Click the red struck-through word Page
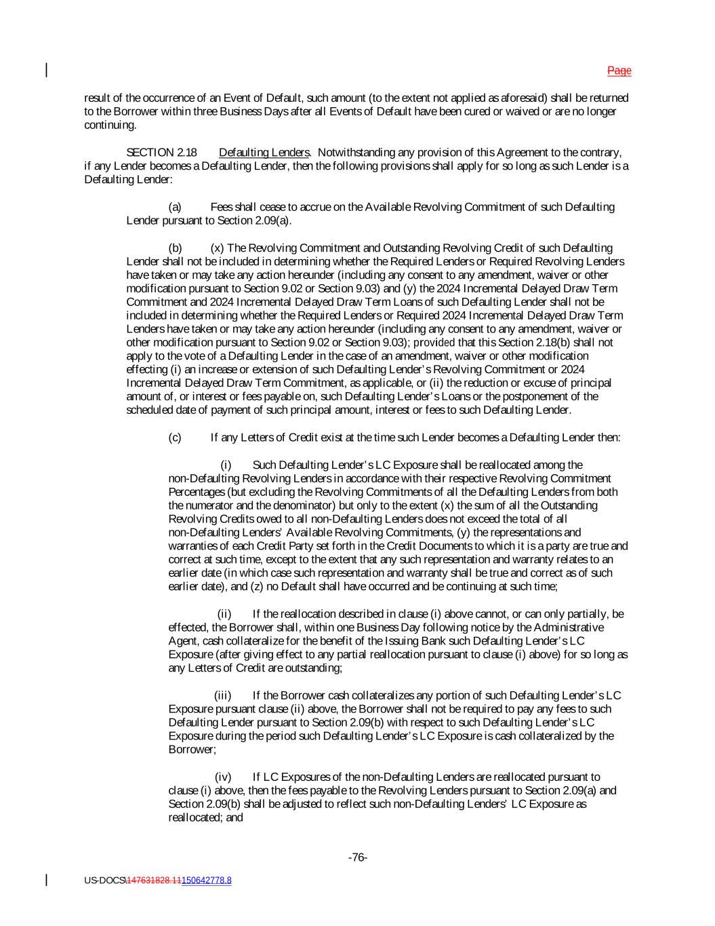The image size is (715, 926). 619,71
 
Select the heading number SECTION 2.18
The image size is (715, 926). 161,153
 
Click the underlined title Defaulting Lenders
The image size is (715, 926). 264,153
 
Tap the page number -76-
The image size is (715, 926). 357,857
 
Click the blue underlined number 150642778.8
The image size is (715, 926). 206,881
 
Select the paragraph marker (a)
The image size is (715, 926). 175,207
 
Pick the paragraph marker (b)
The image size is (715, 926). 175,248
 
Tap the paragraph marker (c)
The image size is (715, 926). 175,438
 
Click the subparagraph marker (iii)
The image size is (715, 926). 222,695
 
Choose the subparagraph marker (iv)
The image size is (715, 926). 223,777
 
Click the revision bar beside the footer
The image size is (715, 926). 47,880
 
